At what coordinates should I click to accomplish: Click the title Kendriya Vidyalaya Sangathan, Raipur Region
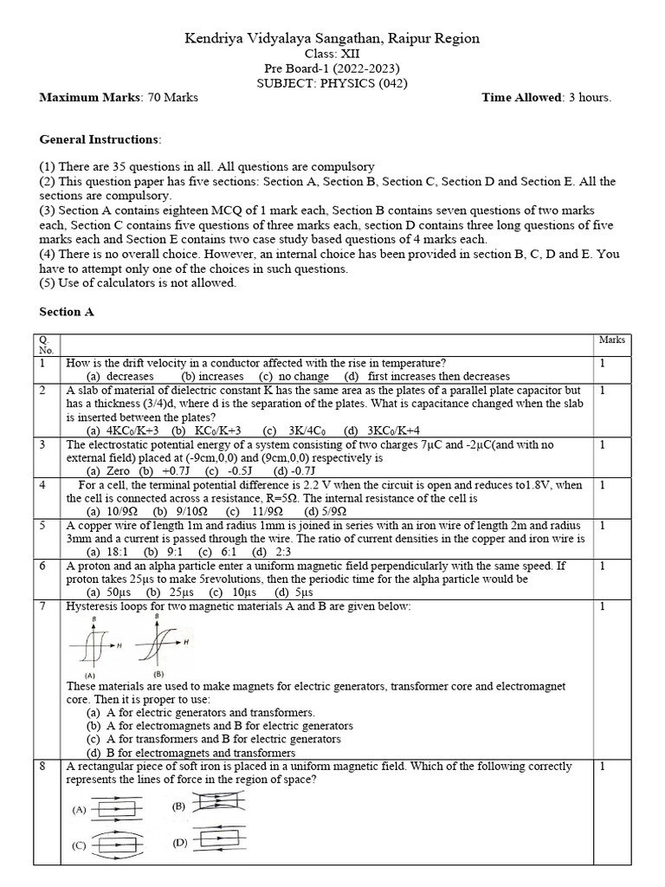coord(332,39)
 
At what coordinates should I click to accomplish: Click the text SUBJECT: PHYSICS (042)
coord(332,83)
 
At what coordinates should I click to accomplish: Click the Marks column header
coord(612,340)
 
